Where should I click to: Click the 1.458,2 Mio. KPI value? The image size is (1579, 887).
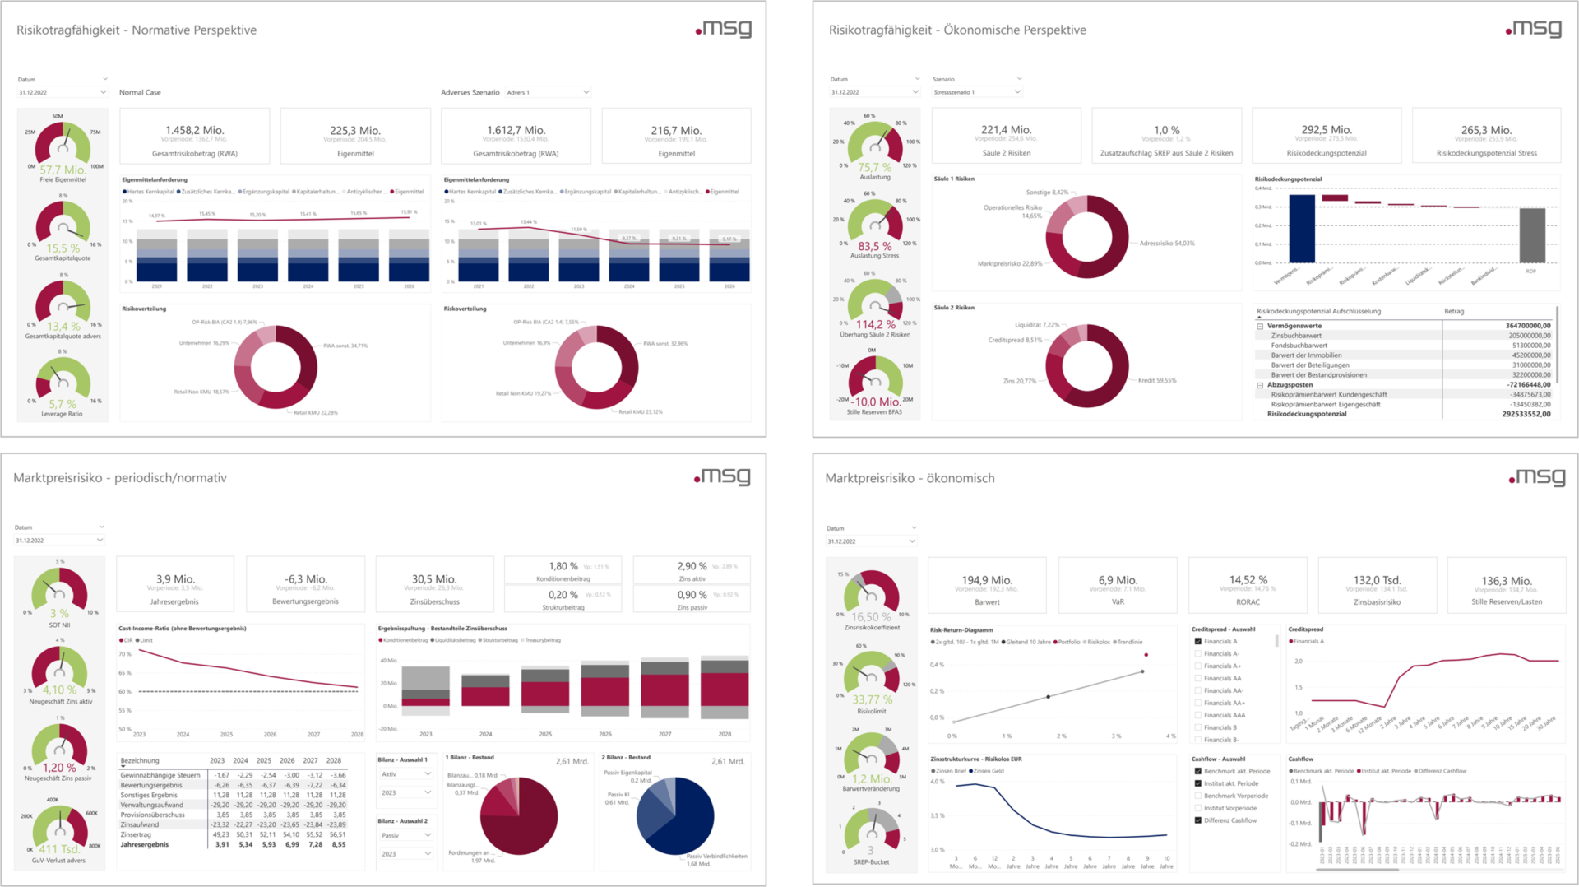(194, 130)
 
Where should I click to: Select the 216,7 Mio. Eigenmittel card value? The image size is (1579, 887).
(676, 130)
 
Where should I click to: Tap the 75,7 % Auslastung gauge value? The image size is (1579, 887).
(874, 167)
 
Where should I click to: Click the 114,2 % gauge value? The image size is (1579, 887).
(875, 324)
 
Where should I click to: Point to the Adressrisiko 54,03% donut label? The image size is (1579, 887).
(1166, 244)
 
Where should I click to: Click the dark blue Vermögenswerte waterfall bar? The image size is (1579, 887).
(1301, 229)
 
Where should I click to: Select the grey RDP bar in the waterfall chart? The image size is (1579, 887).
(1531, 235)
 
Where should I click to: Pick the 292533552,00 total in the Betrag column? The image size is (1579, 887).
(1526, 414)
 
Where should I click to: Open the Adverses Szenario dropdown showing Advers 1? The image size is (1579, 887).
(548, 92)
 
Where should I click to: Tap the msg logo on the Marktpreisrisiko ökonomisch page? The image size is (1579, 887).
(1536, 477)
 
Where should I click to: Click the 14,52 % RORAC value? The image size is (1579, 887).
(1248, 580)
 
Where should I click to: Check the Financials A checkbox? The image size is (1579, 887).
(1198, 641)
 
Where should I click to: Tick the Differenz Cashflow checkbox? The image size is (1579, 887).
(1198, 820)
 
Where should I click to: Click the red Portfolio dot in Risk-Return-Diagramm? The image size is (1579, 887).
(1146, 655)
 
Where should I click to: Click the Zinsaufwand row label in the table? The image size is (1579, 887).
(140, 824)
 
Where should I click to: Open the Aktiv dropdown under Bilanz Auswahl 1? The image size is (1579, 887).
(405, 774)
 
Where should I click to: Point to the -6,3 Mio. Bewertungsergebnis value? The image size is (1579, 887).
(305, 579)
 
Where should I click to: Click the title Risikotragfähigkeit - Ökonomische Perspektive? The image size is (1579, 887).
(956, 30)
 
